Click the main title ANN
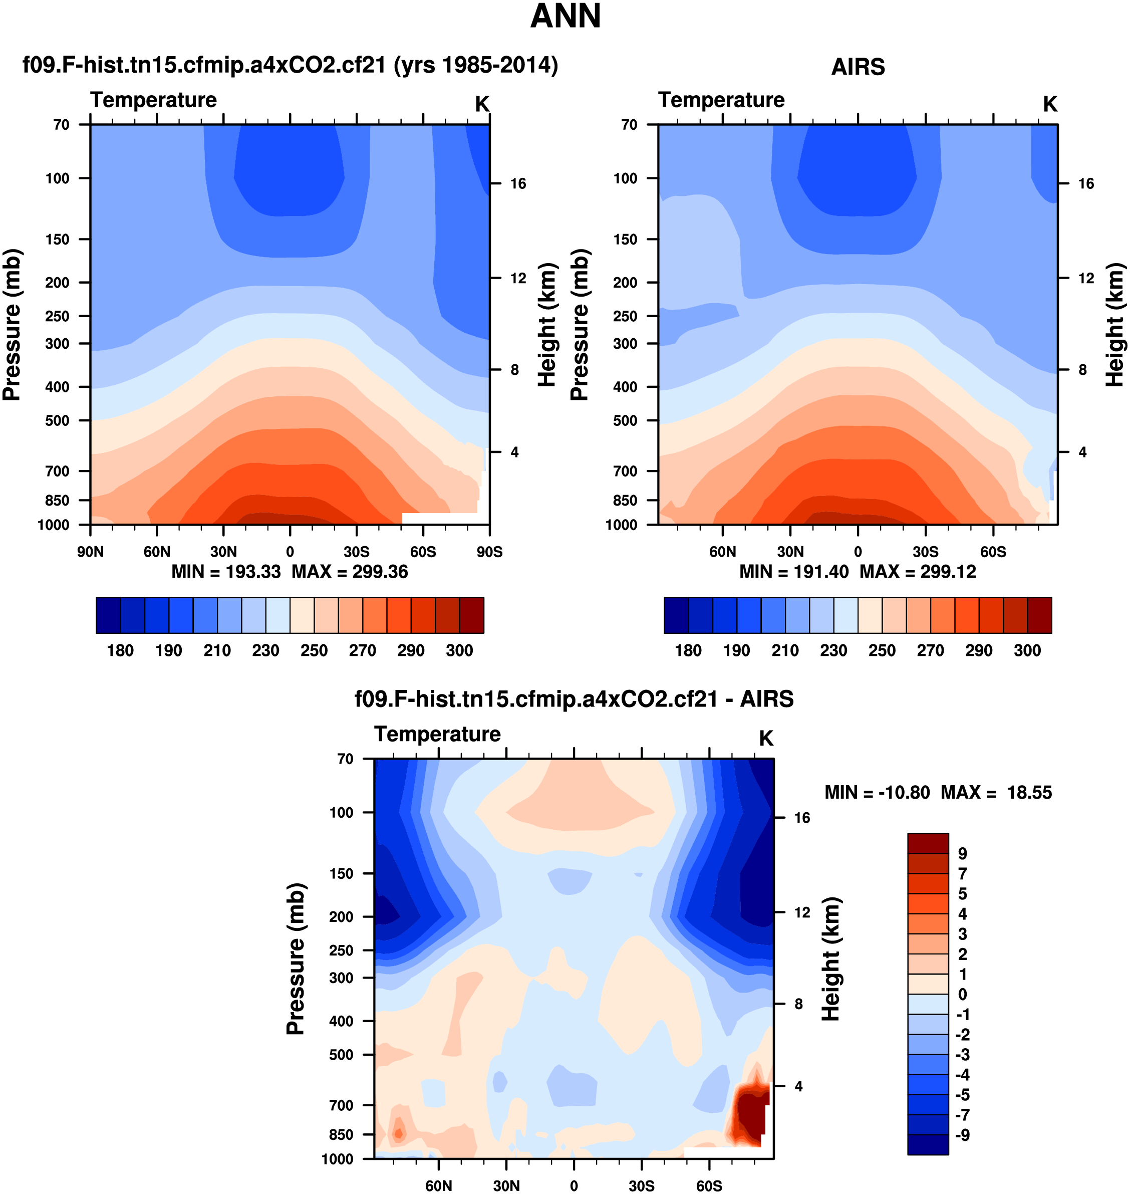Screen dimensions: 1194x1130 565,16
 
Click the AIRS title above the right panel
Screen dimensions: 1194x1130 858,67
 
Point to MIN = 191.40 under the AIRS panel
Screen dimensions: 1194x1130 794,572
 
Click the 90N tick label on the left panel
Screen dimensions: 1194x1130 90,552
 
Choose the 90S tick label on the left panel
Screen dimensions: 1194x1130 489,552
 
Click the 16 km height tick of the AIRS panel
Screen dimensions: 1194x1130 1085,184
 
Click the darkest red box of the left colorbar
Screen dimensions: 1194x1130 471,615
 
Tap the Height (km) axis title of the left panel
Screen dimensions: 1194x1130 546,325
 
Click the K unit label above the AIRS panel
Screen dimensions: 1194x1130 1050,105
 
